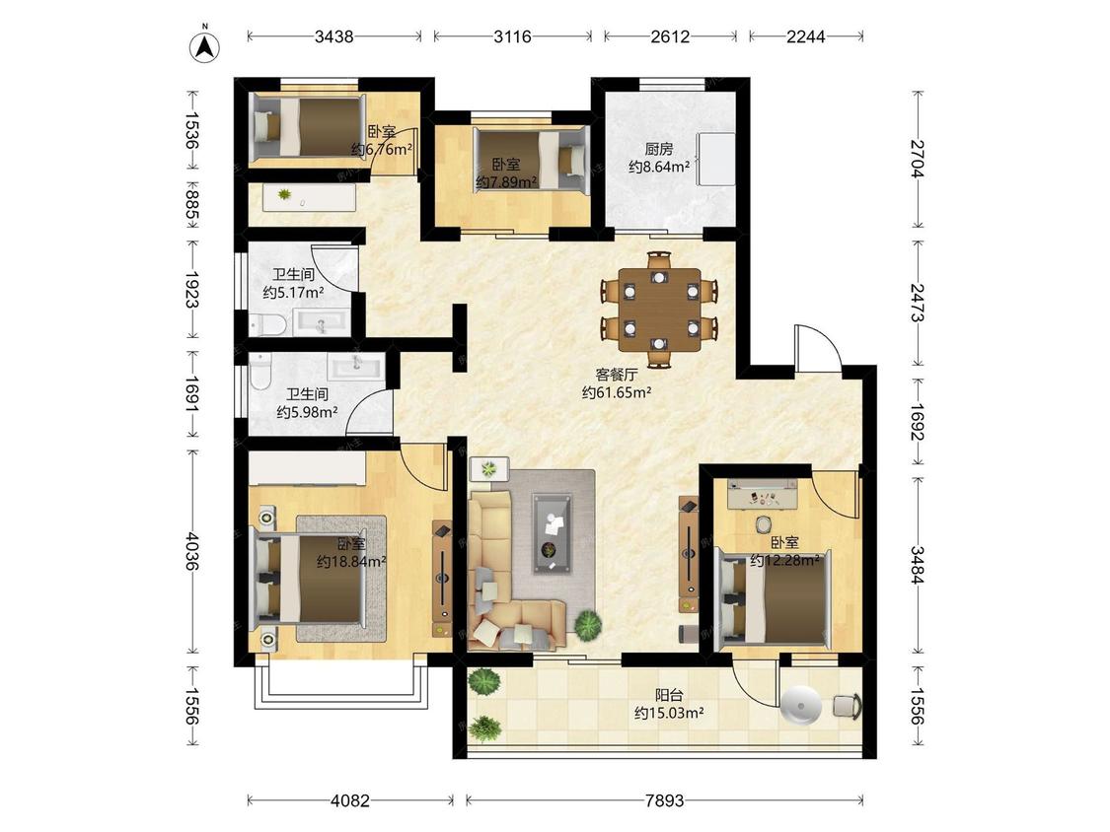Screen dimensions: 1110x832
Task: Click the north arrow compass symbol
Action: [x=204, y=46]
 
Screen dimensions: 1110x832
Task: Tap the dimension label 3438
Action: [x=334, y=36]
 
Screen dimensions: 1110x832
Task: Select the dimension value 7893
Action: [x=665, y=800]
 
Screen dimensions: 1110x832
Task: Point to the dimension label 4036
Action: [x=191, y=552]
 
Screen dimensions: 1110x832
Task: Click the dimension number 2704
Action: [x=918, y=159]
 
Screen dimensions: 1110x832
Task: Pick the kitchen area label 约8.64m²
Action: [x=659, y=167]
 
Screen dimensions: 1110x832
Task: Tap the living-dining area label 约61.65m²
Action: [x=617, y=392]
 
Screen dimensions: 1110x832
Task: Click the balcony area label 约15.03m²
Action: [x=669, y=713]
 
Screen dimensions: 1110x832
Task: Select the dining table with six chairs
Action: [x=659, y=310]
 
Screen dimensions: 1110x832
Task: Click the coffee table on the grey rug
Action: [x=553, y=533]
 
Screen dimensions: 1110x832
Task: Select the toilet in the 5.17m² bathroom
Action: [x=266, y=324]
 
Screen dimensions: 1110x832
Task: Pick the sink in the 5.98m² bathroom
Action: [x=356, y=367]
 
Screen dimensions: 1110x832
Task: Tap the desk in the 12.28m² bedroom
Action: [x=763, y=493]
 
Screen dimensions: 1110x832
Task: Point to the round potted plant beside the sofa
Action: [x=588, y=625]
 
